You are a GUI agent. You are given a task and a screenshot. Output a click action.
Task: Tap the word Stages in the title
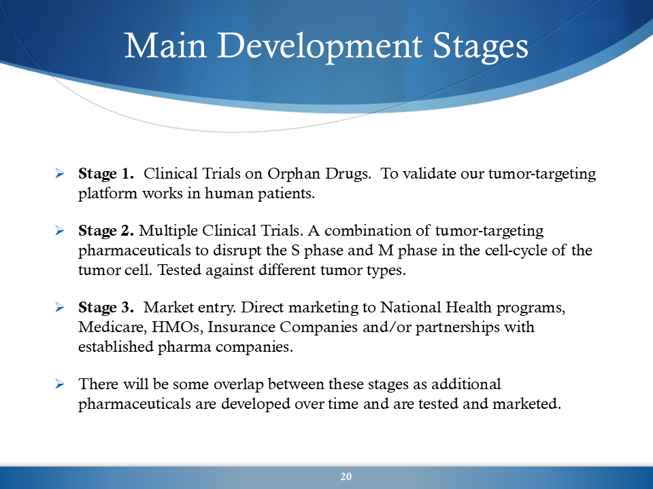(x=481, y=47)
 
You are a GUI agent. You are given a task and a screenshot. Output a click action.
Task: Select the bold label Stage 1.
(x=106, y=173)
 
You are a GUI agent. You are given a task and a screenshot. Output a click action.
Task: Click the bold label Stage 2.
(x=106, y=231)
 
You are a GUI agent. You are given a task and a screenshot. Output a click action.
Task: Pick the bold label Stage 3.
(x=106, y=307)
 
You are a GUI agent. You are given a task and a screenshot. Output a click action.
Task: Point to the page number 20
(x=346, y=477)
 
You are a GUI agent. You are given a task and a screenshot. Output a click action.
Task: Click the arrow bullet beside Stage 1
(x=60, y=173)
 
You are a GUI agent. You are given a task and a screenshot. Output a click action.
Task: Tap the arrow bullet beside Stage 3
(x=60, y=307)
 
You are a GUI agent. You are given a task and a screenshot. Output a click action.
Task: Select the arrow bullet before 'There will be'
(x=60, y=383)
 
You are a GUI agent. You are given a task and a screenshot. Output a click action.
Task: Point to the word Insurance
(x=241, y=327)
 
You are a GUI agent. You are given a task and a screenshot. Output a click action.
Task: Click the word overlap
(x=239, y=384)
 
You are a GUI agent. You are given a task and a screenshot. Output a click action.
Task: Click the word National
(x=411, y=307)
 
